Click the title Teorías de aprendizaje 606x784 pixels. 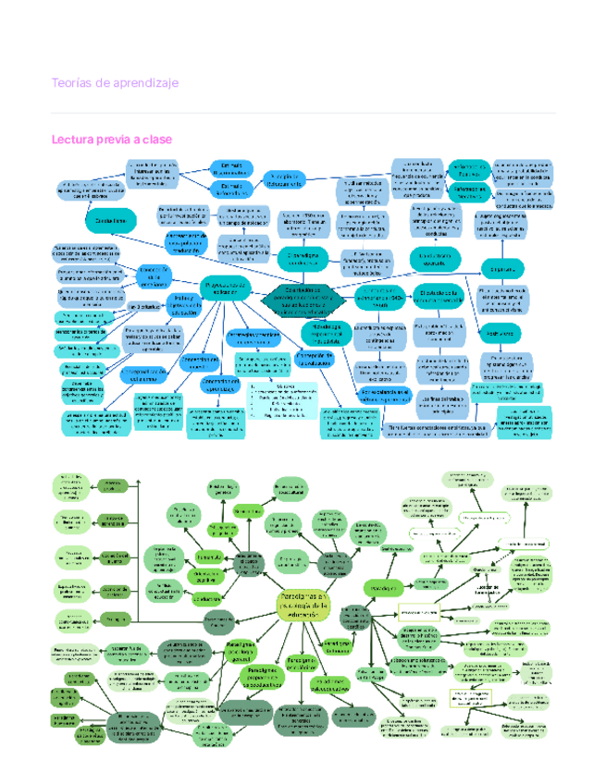click(x=115, y=83)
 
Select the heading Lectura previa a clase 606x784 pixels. click(x=112, y=139)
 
